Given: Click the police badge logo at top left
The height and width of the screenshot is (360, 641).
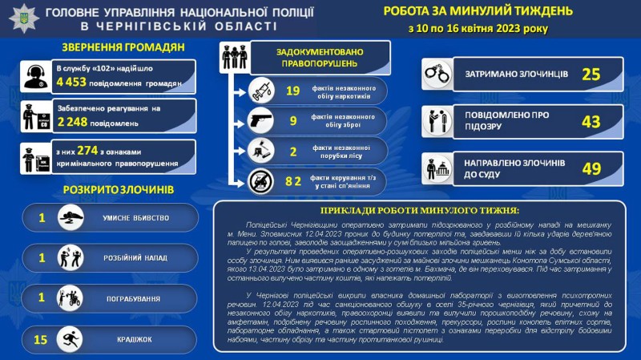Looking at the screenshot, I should click(22, 17).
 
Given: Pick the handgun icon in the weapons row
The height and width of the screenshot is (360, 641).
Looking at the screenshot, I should click(262, 121).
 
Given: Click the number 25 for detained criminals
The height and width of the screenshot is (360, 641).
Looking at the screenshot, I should click(591, 75).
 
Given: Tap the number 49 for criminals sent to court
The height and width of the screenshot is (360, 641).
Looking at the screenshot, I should click(591, 168).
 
